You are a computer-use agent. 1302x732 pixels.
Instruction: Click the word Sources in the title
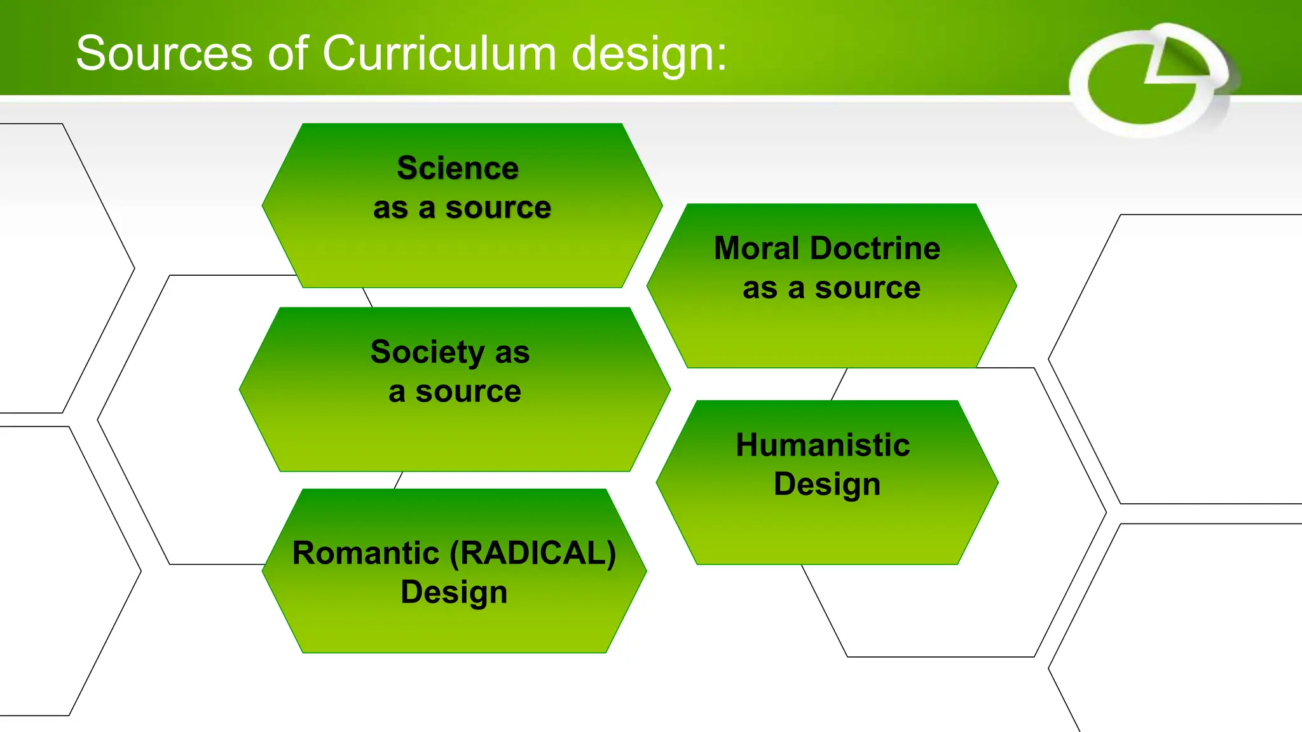(x=164, y=53)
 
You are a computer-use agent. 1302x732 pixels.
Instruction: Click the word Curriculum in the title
(x=439, y=53)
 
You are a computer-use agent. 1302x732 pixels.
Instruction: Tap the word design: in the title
(x=648, y=55)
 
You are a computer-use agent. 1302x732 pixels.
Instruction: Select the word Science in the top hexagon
(x=458, y=168)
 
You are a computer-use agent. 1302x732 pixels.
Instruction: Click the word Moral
(x=756, y=248)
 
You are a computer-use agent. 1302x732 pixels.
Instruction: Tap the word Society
(x=428, y=353)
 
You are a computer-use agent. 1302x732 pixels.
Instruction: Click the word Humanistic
(x=823, y=445)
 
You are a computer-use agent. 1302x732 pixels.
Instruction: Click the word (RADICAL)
(x=533, y=553)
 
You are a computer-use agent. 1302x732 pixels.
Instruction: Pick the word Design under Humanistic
(x=827, y=484)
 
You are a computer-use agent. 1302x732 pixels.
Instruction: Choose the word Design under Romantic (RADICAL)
(x=454, y=592)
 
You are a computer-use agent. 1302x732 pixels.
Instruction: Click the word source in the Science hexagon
(x=498, y=208)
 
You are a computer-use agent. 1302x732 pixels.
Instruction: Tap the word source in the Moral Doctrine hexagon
(x=868, y=288)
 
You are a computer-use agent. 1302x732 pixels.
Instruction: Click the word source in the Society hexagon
(x=468, y=392)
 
